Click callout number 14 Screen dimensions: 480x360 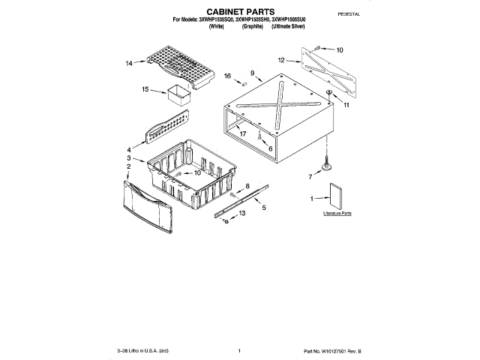pos(129,64)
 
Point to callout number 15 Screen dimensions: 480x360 pos(145,89)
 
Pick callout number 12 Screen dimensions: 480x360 pos(280,59)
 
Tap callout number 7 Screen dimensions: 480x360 pos(310,177)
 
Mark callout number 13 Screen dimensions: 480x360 pos(242,214)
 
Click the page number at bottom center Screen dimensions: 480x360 pos(238,350)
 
